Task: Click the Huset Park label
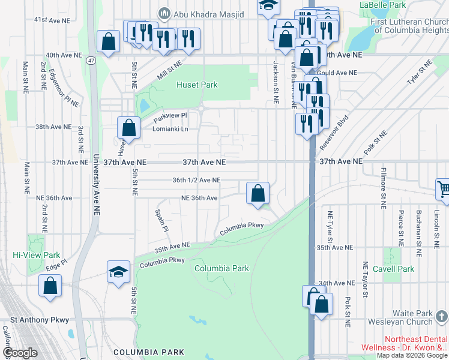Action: [197, 85]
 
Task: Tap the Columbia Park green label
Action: [221, 268]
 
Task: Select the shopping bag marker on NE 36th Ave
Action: [258, 193]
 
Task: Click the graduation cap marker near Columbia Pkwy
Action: [119, 272]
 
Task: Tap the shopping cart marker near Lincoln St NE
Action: [444, 189]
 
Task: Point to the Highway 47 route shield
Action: [91, 61]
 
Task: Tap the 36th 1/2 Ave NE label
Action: [196, 180]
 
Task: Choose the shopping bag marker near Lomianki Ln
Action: [128, 127]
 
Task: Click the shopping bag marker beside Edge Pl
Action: [50, 286]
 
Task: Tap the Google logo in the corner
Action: [20, 353]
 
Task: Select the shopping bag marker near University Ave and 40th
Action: [108, 42]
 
